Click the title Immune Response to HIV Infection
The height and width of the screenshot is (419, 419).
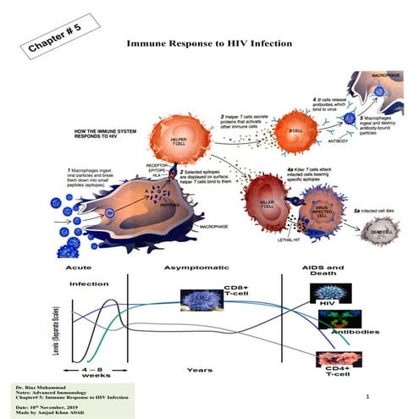209,41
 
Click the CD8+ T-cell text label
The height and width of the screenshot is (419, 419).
239,298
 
